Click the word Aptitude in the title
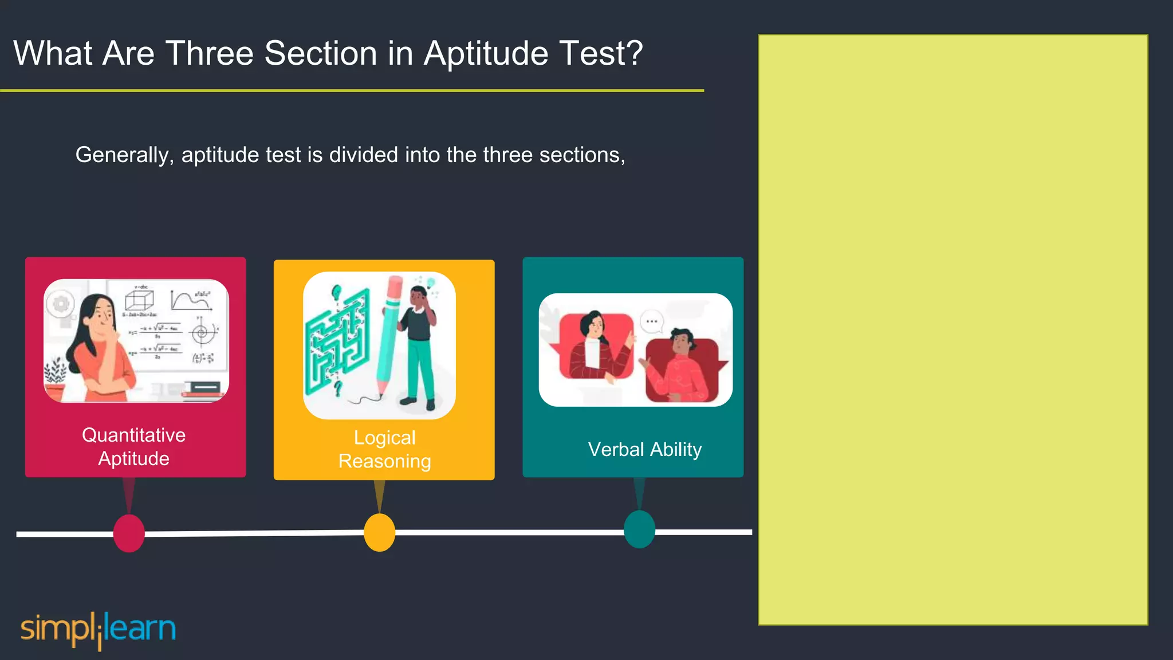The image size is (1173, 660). pyautogui.click(x=486, y=54)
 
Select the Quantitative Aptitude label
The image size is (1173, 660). pyautogui.click(x=134, y=447)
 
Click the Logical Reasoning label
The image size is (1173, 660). pyautogui.click(x=384, y=450)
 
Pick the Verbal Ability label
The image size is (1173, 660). pyautogui.click(x=644, y=450)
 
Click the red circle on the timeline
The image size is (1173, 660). pyautogui.click(x=129, y=533)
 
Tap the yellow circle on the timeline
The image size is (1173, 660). pyautogui.click(x=379, y=533)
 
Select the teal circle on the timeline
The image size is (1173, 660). pyautogui.click(x=639, y=529)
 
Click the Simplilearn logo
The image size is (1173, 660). pyautogui.click(x=98, y=629)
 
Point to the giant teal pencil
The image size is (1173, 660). pyautogui.click(x=388, y=338)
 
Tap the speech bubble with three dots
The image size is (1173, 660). pyautogui.click(x=652, y=321)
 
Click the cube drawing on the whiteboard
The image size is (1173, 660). pyautogui.click(x=139, y=300)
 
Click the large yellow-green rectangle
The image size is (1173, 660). pyautogui.click(x=953, y=329)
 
